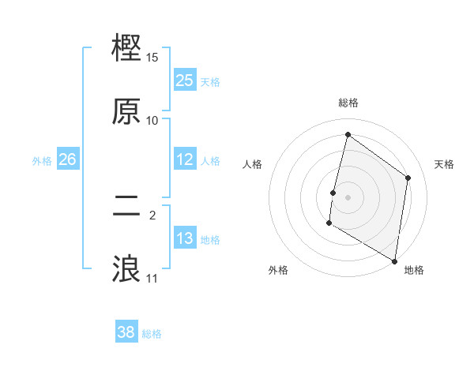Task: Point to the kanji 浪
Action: coord(127,268)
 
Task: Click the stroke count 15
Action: coord(152,58)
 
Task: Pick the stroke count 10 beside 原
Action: coord(152,121)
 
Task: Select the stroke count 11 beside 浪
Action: coord(152,279)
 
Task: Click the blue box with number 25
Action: coord(185,81)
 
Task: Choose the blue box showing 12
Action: coord(185,159)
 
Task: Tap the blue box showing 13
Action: coord(185,238)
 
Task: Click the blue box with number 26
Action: coord(67,159)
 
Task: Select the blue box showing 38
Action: coord(126,332)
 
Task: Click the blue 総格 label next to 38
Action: coord(152,334)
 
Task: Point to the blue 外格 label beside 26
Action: coord(42,161)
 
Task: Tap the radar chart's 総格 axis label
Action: coord(348,103)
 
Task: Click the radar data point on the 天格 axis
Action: coord(408,178)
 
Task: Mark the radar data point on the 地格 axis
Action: coord(394,261)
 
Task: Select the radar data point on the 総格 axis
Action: coord(348,135)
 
